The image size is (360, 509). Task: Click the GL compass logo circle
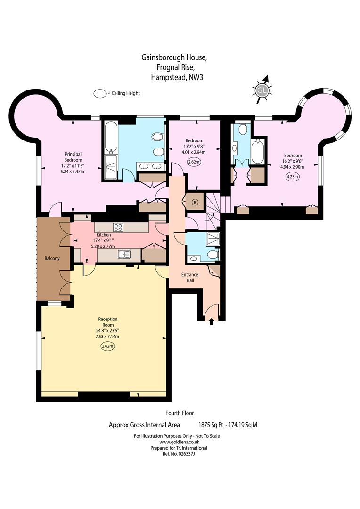[x=262, y=90]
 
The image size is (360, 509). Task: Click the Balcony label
[x=52, y=258]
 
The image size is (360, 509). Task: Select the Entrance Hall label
[x=190, y=277]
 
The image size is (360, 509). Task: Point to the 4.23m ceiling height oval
[x=293, y=177]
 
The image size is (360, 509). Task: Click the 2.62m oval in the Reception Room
[x=108, y=346]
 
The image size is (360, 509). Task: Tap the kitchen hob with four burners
[x=118, y=227]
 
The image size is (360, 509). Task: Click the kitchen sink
[x=124, y=254]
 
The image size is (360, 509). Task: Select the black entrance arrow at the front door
[x=211, y=321]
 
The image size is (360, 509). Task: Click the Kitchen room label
[x=104, y=235]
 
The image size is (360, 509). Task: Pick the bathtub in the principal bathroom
[x=110, y=138]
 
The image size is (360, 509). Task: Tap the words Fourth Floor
[x=180, y=413]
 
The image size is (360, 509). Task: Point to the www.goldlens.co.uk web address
[x=179, y=442]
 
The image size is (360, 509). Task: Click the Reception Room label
[x=108, y=322]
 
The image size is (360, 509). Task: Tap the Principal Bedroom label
[x=73, y=157]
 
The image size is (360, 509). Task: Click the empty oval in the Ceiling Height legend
[x=100, y=93]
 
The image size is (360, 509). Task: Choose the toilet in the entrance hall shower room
[x=213, y=254]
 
